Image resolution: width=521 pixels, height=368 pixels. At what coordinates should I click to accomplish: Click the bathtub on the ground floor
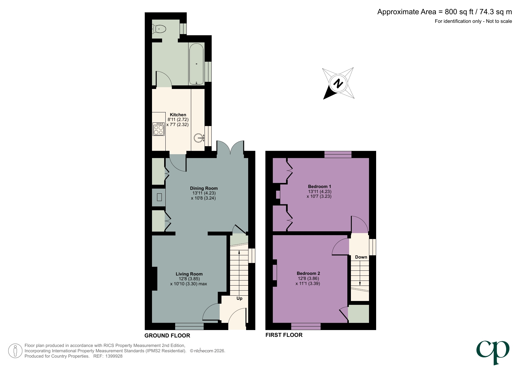196,64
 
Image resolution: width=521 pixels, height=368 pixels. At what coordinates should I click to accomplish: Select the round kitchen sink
199,138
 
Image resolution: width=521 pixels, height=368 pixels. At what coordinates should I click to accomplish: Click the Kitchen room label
178,115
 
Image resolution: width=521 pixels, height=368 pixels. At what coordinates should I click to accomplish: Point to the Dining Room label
204,188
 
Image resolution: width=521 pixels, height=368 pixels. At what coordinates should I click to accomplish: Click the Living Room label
189,274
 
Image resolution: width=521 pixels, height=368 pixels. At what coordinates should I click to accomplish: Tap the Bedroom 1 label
319,187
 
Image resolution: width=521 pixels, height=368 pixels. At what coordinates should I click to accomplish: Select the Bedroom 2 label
308,273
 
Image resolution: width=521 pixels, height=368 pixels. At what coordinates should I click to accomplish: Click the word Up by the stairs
239,298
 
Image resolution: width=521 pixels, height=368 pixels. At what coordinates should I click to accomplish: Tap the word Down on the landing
361,257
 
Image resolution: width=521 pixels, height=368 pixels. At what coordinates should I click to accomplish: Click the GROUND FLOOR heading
167,335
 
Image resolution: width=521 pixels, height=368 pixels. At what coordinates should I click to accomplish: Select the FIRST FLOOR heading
284,335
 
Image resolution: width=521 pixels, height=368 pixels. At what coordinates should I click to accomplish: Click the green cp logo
493,351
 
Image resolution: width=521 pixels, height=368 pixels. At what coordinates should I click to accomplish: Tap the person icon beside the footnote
15,351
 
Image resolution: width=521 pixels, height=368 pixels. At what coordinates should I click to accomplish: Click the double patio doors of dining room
230,147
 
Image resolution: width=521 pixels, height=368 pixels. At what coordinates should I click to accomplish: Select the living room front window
189,326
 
